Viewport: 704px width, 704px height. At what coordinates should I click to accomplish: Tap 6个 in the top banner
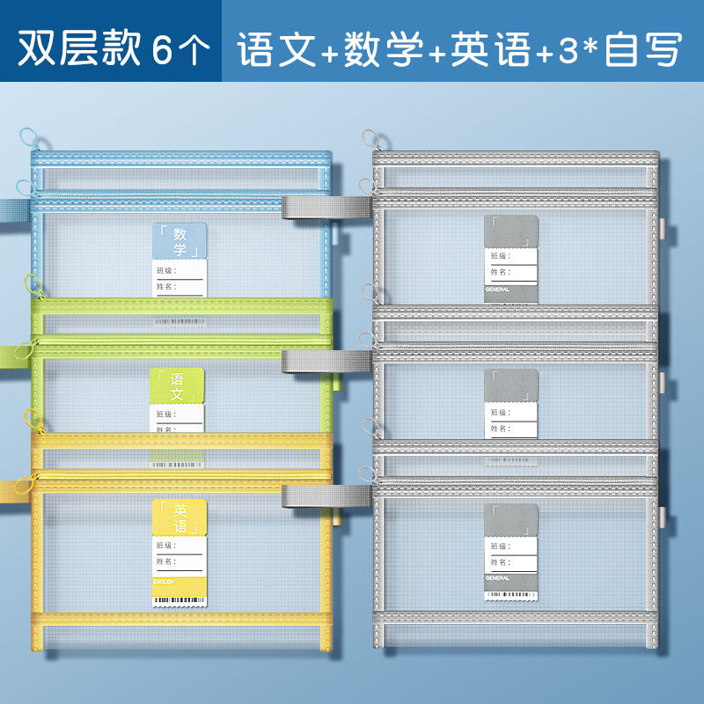[180, 49]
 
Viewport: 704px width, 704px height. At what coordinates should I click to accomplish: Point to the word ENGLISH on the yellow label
[165, 582]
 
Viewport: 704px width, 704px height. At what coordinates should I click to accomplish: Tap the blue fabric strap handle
[11, 211]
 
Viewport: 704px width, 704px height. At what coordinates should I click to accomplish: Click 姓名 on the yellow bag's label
[165, 561]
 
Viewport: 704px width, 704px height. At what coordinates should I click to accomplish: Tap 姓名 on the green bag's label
[165, 429]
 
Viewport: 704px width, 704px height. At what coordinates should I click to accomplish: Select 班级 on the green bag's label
[165, 414]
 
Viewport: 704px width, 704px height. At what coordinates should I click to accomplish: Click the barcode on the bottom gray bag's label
[511, 595]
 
